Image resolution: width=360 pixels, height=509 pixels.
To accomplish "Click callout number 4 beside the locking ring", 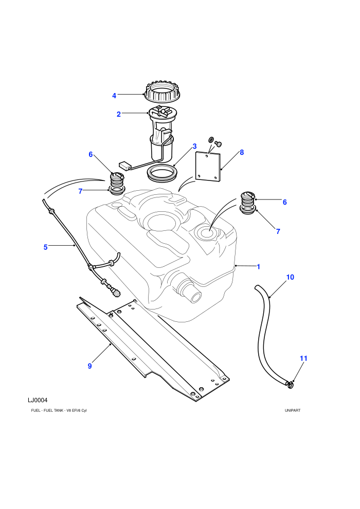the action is (114, 96).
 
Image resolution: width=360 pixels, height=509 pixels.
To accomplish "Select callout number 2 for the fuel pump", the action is (119, 114).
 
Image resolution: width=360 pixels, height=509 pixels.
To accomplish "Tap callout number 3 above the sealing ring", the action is (195, 147).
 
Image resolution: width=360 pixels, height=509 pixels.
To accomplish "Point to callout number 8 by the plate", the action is (242, 152).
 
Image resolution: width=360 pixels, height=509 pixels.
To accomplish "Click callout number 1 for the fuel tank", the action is (259, 267).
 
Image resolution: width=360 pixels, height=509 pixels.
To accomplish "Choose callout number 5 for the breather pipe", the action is (45, 247).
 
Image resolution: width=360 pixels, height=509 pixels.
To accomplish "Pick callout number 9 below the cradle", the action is (90, 366).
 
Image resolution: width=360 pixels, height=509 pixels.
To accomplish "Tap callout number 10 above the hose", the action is (290, 277).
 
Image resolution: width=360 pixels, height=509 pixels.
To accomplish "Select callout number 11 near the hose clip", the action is (303, 358).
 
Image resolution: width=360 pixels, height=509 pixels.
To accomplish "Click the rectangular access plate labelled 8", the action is (208, 167).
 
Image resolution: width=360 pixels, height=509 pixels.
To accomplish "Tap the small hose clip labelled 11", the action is (291, 385).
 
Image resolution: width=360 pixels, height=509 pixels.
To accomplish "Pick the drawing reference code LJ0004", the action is (38, 400).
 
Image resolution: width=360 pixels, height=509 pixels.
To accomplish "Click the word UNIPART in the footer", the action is (293, 410).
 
